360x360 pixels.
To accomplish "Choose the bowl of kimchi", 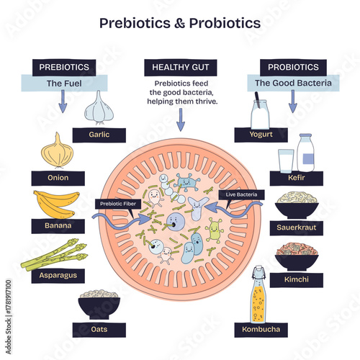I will (x=297, y=257).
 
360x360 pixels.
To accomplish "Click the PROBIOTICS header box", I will (x=292, y=67).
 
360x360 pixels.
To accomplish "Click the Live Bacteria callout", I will (x=242, y=195).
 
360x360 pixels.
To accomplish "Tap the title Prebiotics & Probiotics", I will (x=180, y=23).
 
